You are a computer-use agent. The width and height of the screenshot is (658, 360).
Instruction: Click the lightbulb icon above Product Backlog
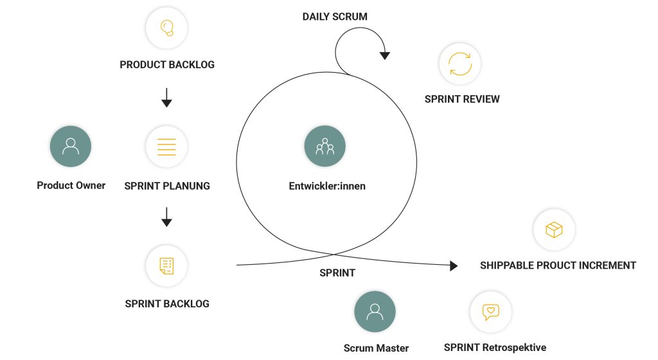[166, 28]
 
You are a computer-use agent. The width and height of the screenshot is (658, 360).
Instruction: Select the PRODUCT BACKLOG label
[167, 65]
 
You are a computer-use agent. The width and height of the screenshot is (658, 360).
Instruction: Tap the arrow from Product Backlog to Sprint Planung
[166, 97]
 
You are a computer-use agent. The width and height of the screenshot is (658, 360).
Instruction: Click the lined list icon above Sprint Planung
[166, 146]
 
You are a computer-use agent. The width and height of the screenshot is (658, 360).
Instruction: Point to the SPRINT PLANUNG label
[167, 186]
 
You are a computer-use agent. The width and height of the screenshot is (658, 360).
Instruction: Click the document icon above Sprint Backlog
[166, 265]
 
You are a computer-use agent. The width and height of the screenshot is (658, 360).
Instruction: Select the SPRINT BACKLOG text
[167, 303]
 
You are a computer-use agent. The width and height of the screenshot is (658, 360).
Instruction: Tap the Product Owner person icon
[71, 146]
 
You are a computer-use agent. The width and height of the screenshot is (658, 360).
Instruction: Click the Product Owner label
[71, 186]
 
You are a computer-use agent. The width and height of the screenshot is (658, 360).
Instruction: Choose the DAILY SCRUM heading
[335, 17]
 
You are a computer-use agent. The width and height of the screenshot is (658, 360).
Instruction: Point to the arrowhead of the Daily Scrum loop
[384, 56]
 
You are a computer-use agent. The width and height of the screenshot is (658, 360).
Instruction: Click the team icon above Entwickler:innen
[325, 146]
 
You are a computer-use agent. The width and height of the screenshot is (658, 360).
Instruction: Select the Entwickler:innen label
[327, 186]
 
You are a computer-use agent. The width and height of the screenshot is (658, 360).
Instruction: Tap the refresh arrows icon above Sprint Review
[460, 64]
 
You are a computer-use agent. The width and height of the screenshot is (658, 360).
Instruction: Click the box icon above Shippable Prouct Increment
[554, 230]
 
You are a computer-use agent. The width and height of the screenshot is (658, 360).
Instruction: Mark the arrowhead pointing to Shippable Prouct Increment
[454, 265]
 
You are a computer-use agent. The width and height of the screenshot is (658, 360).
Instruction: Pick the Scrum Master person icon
[375, 312]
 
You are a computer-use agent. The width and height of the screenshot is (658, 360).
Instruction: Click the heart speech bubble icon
[491, 312]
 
